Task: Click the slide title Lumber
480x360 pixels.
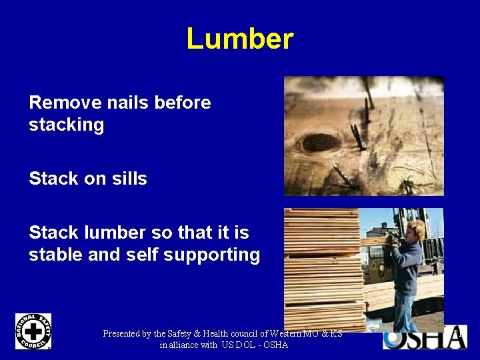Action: pyautogui.click(x=239, y=39)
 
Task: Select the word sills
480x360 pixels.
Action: pyautogui.click(x=129, y=179)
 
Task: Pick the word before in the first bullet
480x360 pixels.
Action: pyautogui.click(x=182, y=103)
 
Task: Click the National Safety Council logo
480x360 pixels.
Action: pyautogui.click(x=33, y=331)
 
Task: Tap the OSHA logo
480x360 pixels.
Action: pyautogui.click(x=425, y=337)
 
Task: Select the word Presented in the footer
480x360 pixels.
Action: pyautogui.click(x=122, y=333)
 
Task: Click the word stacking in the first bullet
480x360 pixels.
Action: pyautogui.click(x=66, y=125)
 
